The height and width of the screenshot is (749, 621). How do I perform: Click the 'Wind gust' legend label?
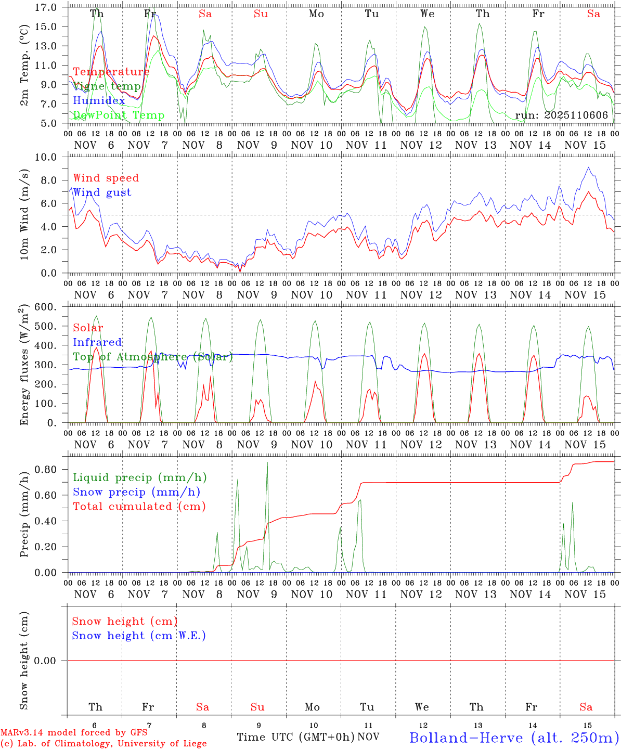tap(102, 192)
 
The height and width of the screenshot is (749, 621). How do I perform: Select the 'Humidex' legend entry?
tap(99, 100)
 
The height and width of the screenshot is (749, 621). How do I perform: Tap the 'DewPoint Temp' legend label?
tap(119, 115)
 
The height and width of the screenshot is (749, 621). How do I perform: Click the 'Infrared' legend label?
tap(97, 342)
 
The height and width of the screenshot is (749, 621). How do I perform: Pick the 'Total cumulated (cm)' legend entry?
tap(139, 506)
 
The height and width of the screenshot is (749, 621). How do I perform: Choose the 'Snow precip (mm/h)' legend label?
tap(136, 492)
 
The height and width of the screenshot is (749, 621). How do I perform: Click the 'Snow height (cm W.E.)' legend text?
tap(139, 636)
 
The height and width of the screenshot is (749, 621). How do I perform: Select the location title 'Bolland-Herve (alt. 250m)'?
tap(514, 737)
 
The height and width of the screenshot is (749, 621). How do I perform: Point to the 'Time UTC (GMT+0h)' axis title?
tap(295, 737)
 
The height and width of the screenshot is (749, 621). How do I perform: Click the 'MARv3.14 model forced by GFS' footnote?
tap(74, 733)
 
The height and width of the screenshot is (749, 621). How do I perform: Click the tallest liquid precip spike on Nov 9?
tap(267, 463)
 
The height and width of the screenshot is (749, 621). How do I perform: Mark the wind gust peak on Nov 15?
tap(588, 167)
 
